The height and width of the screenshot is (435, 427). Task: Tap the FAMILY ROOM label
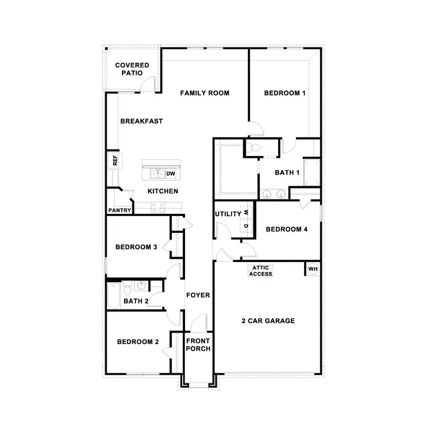point(204,93)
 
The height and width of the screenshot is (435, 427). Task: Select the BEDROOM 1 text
point(285,93)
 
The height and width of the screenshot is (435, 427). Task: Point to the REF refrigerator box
point(114,160)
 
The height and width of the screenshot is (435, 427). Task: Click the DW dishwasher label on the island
point(171,174)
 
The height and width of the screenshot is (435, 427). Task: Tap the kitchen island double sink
point(158,174)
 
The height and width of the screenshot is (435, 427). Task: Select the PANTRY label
point(120,210)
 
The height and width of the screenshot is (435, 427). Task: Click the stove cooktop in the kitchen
point(158,207)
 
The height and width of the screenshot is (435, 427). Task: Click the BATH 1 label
point(287,173)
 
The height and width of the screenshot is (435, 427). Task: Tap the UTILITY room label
point(228,214)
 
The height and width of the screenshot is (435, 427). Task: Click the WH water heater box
point(313,269)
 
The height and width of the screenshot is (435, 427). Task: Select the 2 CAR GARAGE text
point(268,321)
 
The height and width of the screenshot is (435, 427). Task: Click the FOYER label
point(197,295)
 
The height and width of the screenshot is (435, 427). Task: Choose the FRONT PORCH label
point(198,345)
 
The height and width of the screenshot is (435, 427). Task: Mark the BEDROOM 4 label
point(287,230)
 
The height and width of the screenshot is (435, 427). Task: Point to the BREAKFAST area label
point(141,121)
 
